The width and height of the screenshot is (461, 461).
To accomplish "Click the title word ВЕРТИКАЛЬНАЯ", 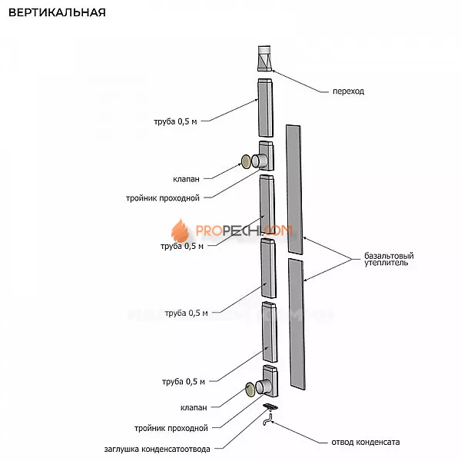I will [56, 13].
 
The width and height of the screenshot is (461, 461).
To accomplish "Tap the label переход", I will [349, 91].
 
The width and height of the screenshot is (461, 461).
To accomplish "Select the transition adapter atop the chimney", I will [264, 58].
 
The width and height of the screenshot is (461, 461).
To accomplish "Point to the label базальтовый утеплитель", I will [386, 260].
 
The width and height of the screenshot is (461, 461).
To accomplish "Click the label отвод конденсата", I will [366, 442].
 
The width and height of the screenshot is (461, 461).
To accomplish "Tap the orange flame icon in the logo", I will [179, 230].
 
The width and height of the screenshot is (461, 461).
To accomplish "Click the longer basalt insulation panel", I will [294, 189].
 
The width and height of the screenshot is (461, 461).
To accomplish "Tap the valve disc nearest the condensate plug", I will [251, 387].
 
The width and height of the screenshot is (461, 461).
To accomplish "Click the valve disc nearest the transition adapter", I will [247, 161].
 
